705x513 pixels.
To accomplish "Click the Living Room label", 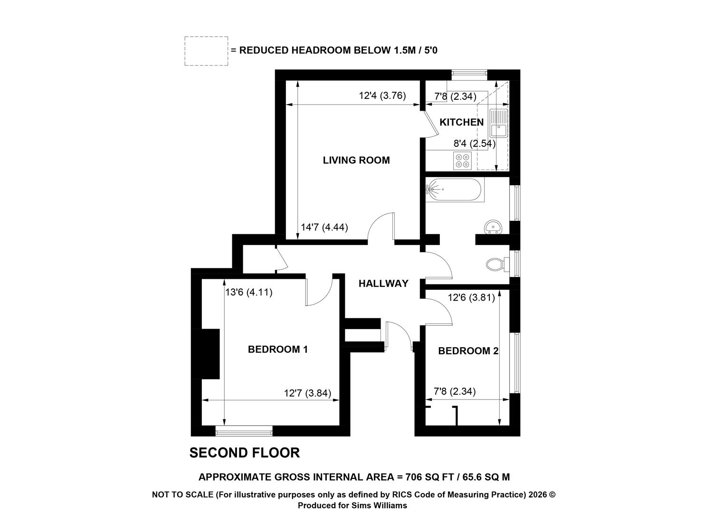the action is [x=356, y=160].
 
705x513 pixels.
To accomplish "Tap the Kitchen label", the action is [x=461, y=122].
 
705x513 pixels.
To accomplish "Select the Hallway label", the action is [x=383, y=284].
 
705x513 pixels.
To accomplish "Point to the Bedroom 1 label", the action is [x=277, y=349].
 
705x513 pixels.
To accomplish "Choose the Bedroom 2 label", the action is [x=468, y=351].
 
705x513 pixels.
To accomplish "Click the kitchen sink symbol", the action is [x=498, y=123].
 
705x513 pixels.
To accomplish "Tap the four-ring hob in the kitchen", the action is [x=462, y=161].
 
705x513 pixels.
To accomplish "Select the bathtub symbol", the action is [x=455, y=190].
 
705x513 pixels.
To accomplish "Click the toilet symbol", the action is [x=497, y=265].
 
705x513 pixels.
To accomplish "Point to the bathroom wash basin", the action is [x=493, y=227].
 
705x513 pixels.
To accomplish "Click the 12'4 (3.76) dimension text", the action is [x=382, y=95].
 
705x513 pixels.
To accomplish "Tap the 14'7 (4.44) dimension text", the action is [x=324, y=227].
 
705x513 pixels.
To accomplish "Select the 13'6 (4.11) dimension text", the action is [x=248, y=293].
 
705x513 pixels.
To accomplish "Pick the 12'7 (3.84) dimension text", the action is [x=307, y=393].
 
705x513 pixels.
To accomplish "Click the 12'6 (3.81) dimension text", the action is [x=471, y=297].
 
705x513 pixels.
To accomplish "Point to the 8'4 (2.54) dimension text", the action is [x=475, y=144].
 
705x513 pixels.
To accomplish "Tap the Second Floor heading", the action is [x=245, y=453].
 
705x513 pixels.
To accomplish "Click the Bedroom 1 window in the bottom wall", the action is [x=244, y=431].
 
